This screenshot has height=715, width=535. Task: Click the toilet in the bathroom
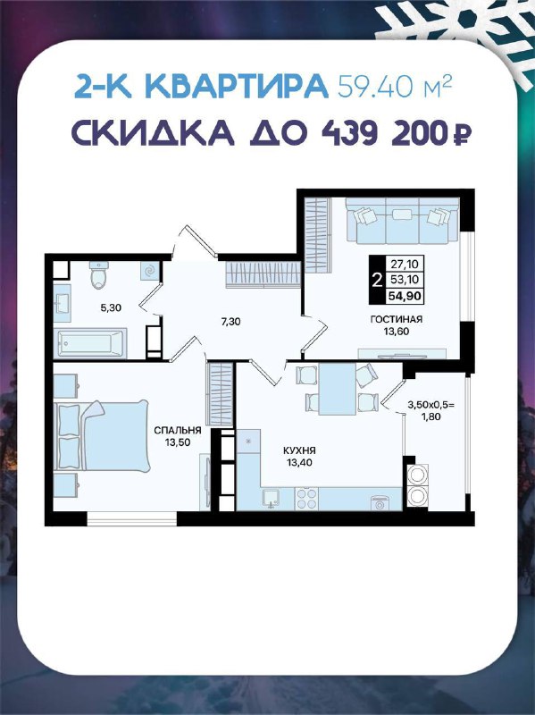(x=99, y=275)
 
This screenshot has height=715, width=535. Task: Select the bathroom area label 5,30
(x=111, y=307)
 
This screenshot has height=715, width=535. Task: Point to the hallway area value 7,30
(x=230, y=322)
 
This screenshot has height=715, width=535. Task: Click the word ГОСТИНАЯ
(x=396, y=320)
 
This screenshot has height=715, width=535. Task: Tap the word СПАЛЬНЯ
(x=178, y=430)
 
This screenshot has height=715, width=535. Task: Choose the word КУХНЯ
(x=299, y=450)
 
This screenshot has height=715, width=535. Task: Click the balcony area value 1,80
(x=431, y=416)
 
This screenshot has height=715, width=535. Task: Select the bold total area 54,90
(x=404, y=296)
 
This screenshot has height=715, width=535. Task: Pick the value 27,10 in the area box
(x=404, y=264)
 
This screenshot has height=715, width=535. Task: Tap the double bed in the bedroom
(x=101, y=436)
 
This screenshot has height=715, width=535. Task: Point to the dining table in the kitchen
(x=338, y=389)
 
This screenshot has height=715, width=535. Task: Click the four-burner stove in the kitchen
(x=306, y=499)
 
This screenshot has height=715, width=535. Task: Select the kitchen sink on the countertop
(x=272, y=499)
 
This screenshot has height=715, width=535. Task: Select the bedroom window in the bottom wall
(x=131, y=518)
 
